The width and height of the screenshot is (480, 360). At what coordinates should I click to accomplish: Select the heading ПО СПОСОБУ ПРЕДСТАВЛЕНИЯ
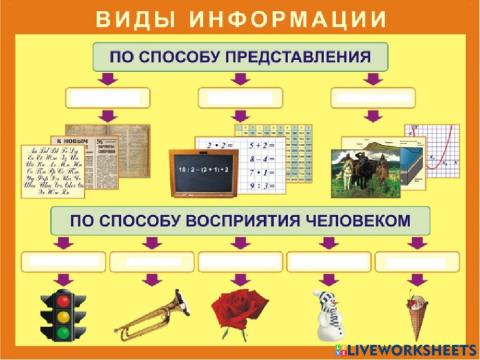(239, 56)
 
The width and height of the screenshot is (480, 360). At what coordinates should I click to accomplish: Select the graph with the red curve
(431, 148)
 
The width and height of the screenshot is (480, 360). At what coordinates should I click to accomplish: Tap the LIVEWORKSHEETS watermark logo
(408, 350)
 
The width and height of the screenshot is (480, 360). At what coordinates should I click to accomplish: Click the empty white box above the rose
(240, 262)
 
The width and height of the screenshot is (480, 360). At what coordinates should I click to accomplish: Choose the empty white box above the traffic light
(63, 262)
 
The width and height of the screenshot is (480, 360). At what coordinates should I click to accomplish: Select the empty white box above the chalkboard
(240, 97)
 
